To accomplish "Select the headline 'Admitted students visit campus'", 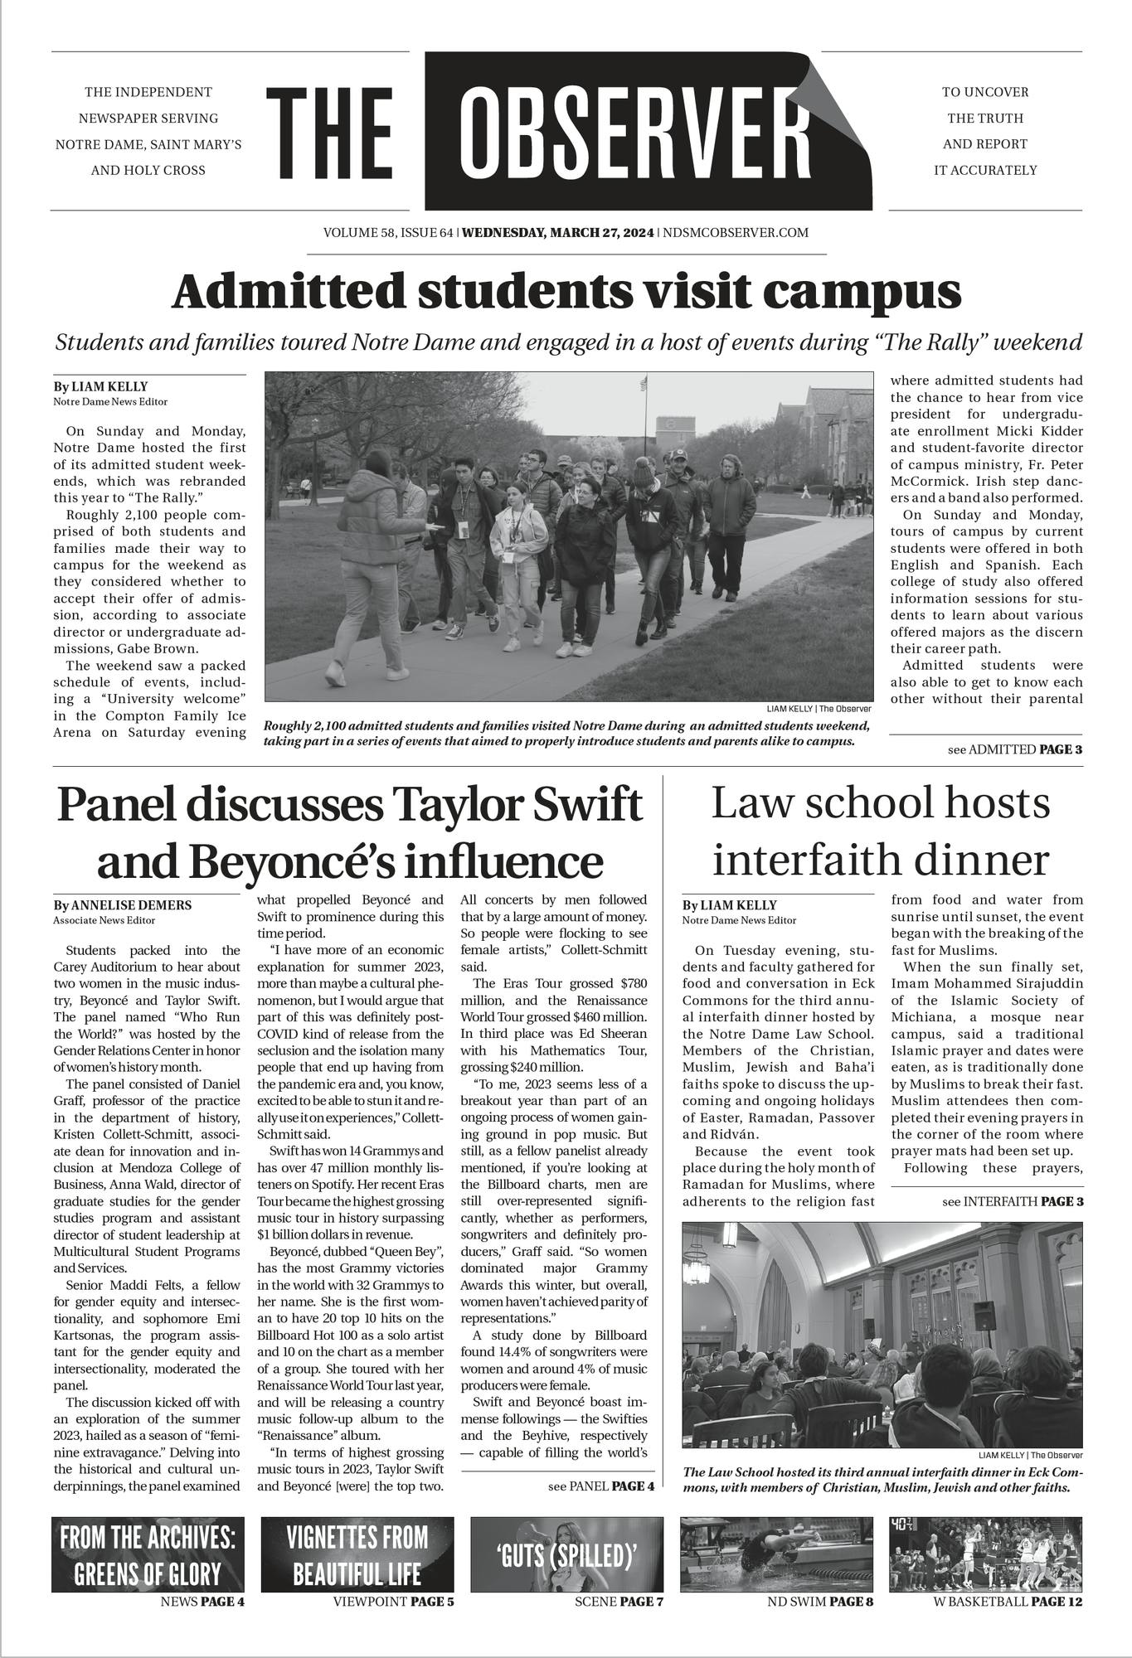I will (x=566, y=292).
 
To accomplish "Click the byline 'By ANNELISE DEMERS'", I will (x=122, y=905).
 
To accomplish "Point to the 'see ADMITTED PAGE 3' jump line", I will (x=1014, y=750).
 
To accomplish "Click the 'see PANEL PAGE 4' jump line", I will (x=601, y=1486).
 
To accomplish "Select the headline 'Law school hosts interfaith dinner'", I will (x=880, y=831).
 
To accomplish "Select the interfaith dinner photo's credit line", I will (x=1030, y=1455).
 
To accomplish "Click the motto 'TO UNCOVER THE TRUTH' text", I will (x=984, y=104).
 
